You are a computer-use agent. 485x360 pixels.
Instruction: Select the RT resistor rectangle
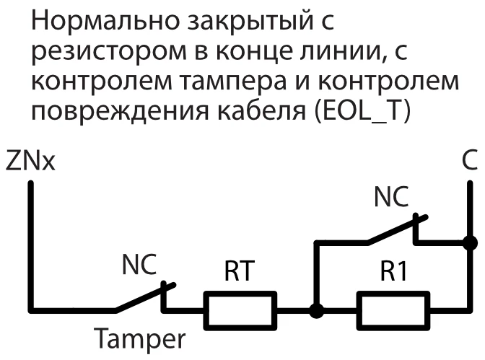coord(240,311)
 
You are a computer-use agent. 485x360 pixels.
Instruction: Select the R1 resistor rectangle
coord(393,311)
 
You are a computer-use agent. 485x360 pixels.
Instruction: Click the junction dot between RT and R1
coord(315,311)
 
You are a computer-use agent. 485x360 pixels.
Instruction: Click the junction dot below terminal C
coord(469,243)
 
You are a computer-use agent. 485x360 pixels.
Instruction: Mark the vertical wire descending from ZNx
coord(30,245)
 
